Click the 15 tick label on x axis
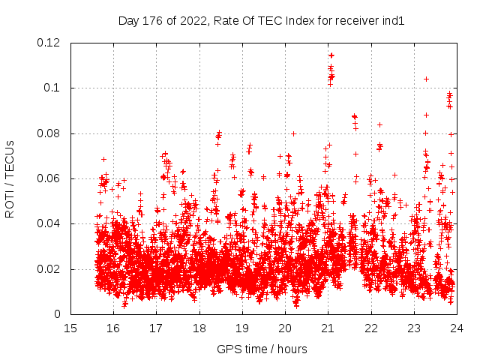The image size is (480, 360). [x=70, y=328]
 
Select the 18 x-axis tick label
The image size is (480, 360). [x=199, y=328]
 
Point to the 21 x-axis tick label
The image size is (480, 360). [x=328, y=328]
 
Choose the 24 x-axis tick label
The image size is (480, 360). [x=457, y=328]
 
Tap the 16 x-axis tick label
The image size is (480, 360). [x=113, y=328]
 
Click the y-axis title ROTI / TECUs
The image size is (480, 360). [x=10, y=178]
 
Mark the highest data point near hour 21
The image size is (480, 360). [x=331, y=55]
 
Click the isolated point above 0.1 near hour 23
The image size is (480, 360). [x=426, y=79]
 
